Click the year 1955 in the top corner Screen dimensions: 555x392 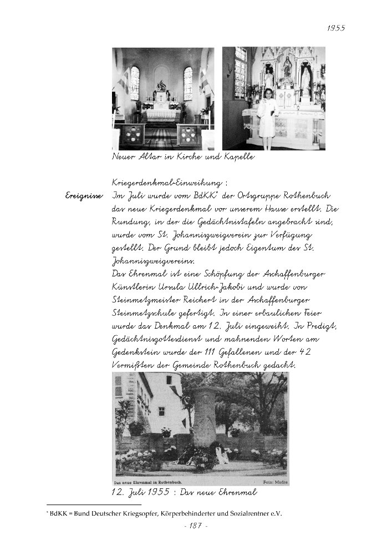point(336,28)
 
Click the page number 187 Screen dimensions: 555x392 point(195,526)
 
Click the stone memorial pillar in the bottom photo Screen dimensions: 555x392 point(204,416)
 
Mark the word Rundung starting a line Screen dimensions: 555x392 point(129,222)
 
